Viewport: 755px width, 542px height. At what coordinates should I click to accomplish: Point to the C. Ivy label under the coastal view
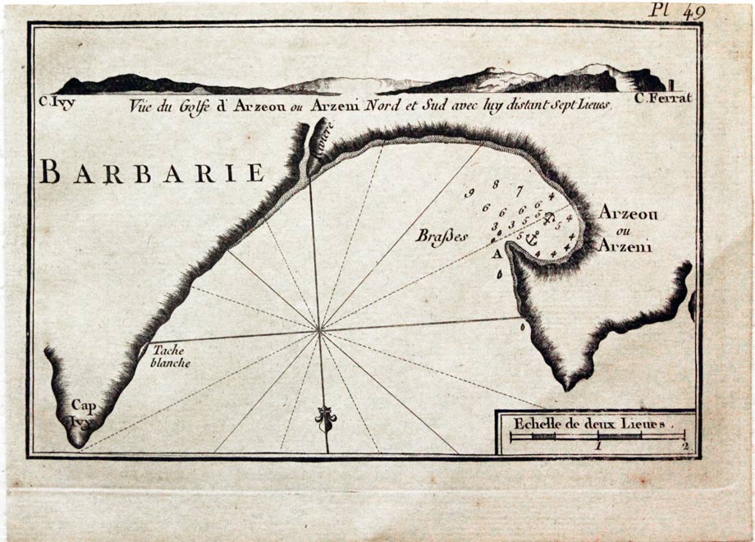click(x=57, y=103)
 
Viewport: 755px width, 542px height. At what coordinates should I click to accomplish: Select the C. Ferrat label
click(x=663, y=98)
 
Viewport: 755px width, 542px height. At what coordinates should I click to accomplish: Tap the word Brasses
click(x=442, y=236)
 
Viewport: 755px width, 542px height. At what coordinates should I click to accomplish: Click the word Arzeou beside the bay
click(x=628, y=212)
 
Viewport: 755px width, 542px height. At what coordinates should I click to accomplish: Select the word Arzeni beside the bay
click(x=625, y=245)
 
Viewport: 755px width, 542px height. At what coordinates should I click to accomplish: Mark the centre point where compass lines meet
click(x=319, y=330)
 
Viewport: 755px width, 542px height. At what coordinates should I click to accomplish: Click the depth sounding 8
click(x=495, y=184)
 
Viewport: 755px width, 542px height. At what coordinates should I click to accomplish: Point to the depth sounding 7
click(x=519, y=191)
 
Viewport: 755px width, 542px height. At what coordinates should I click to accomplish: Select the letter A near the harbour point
click(x=496, y=255)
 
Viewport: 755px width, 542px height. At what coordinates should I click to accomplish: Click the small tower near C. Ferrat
click(x=671, y=84)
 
